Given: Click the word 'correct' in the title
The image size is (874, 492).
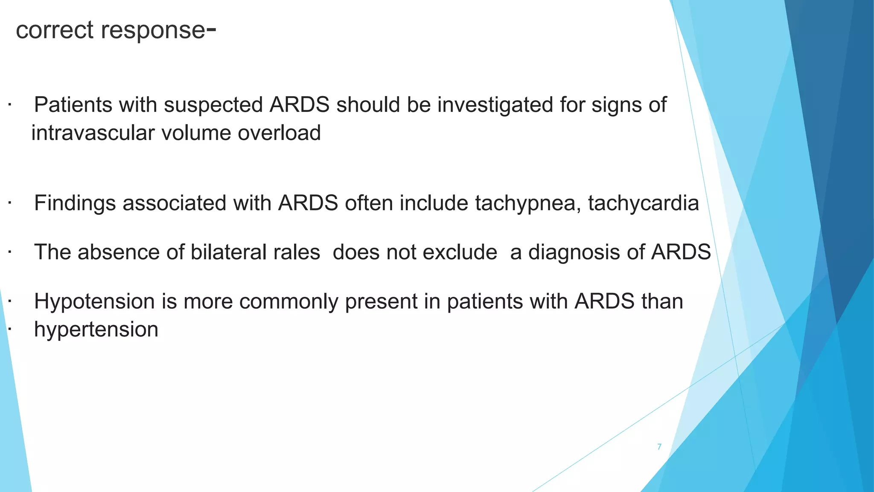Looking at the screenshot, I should click(54, 30).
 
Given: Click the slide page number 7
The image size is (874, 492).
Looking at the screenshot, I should click(659, 447).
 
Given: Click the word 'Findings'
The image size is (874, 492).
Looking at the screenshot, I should click(75, 204).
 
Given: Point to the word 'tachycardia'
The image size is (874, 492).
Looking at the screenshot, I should click(643, 204).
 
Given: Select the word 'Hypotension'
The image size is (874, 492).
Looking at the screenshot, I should click(94, 302).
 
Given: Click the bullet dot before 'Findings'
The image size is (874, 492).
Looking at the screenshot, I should click(9, 203).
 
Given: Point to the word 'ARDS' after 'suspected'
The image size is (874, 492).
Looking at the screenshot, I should click(299, 105).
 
